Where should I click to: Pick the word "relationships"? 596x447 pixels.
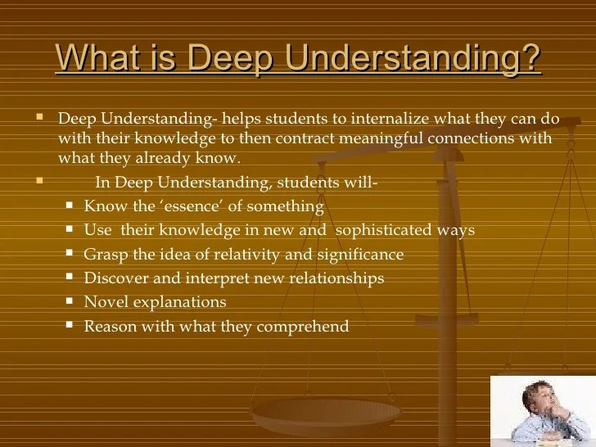click(x=335, y=278)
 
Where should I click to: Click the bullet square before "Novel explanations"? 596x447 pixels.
click(x=71, y=301)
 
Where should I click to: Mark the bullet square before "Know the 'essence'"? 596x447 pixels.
click(x=71, y=205)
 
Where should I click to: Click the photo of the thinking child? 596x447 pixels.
click(x=544, y=410)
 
